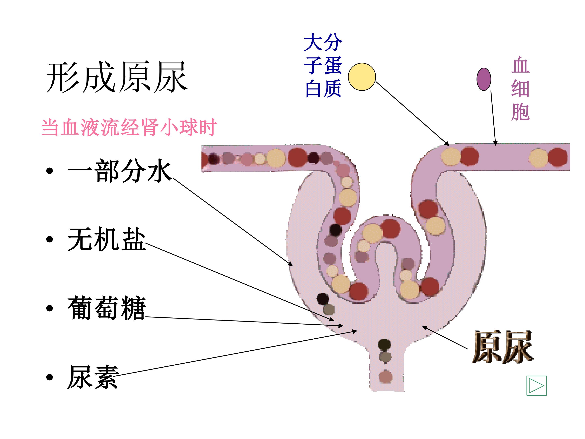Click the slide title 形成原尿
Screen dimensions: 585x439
117,77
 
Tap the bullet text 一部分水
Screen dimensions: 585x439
120,171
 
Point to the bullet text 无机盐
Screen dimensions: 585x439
107,239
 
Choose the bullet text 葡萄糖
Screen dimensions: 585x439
107,308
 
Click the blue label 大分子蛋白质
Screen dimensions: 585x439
323,65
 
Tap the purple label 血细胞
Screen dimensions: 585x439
520,88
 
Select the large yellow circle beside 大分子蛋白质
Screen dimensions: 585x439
362,77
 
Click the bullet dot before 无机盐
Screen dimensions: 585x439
49,239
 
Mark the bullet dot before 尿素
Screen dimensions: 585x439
49,377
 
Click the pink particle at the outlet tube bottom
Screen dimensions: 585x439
386,377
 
